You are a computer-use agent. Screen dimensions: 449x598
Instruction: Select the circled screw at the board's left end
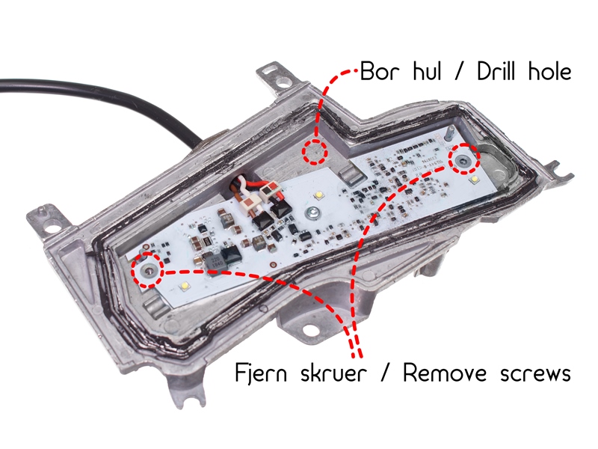click(147, 270)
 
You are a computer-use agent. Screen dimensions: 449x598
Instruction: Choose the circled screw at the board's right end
click(464, 159)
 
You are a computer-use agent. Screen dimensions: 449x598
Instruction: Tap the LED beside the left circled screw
click(184, 287)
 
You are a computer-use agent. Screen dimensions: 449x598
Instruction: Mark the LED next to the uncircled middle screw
click(318, 196)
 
